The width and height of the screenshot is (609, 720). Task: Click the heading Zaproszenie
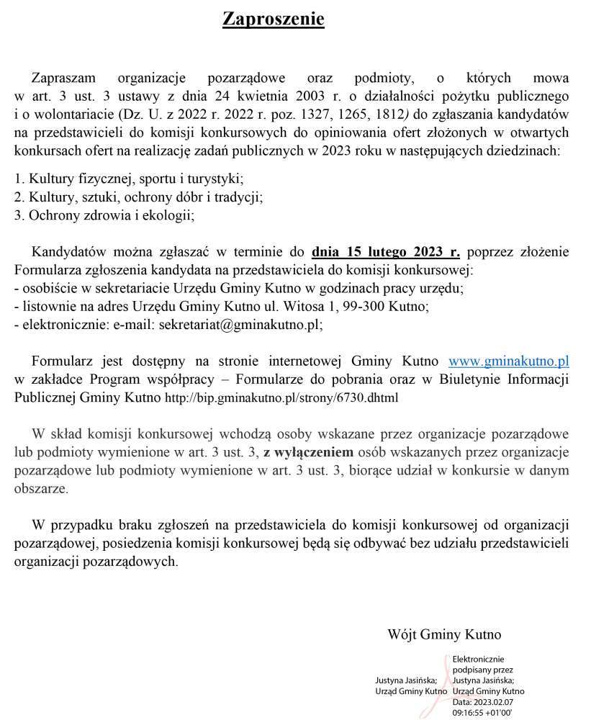click(x=273, y=19)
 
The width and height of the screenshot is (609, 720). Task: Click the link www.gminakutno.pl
click(x=509, y=361)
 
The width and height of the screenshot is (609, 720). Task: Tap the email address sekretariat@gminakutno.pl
click(x=240, y=325)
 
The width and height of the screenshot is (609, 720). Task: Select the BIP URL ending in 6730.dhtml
click(x=281, y=397)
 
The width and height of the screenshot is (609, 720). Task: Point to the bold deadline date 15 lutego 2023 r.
click(x=385, y=252)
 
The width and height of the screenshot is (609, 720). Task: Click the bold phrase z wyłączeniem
click(x=308, y=453)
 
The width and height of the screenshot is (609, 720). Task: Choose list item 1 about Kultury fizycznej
click(x=129, y=178)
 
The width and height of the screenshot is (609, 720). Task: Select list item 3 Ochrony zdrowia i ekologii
click(x=104, y=215)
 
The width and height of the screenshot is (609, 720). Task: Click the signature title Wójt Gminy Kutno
click(x=444, y=635)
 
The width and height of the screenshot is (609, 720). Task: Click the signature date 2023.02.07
click(x=497, y=701)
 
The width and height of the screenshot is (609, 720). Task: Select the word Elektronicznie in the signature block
click(x=479, y=659)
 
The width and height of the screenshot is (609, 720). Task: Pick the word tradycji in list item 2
click(x=238, y=197)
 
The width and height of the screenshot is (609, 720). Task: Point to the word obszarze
click(x=41, y=489)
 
